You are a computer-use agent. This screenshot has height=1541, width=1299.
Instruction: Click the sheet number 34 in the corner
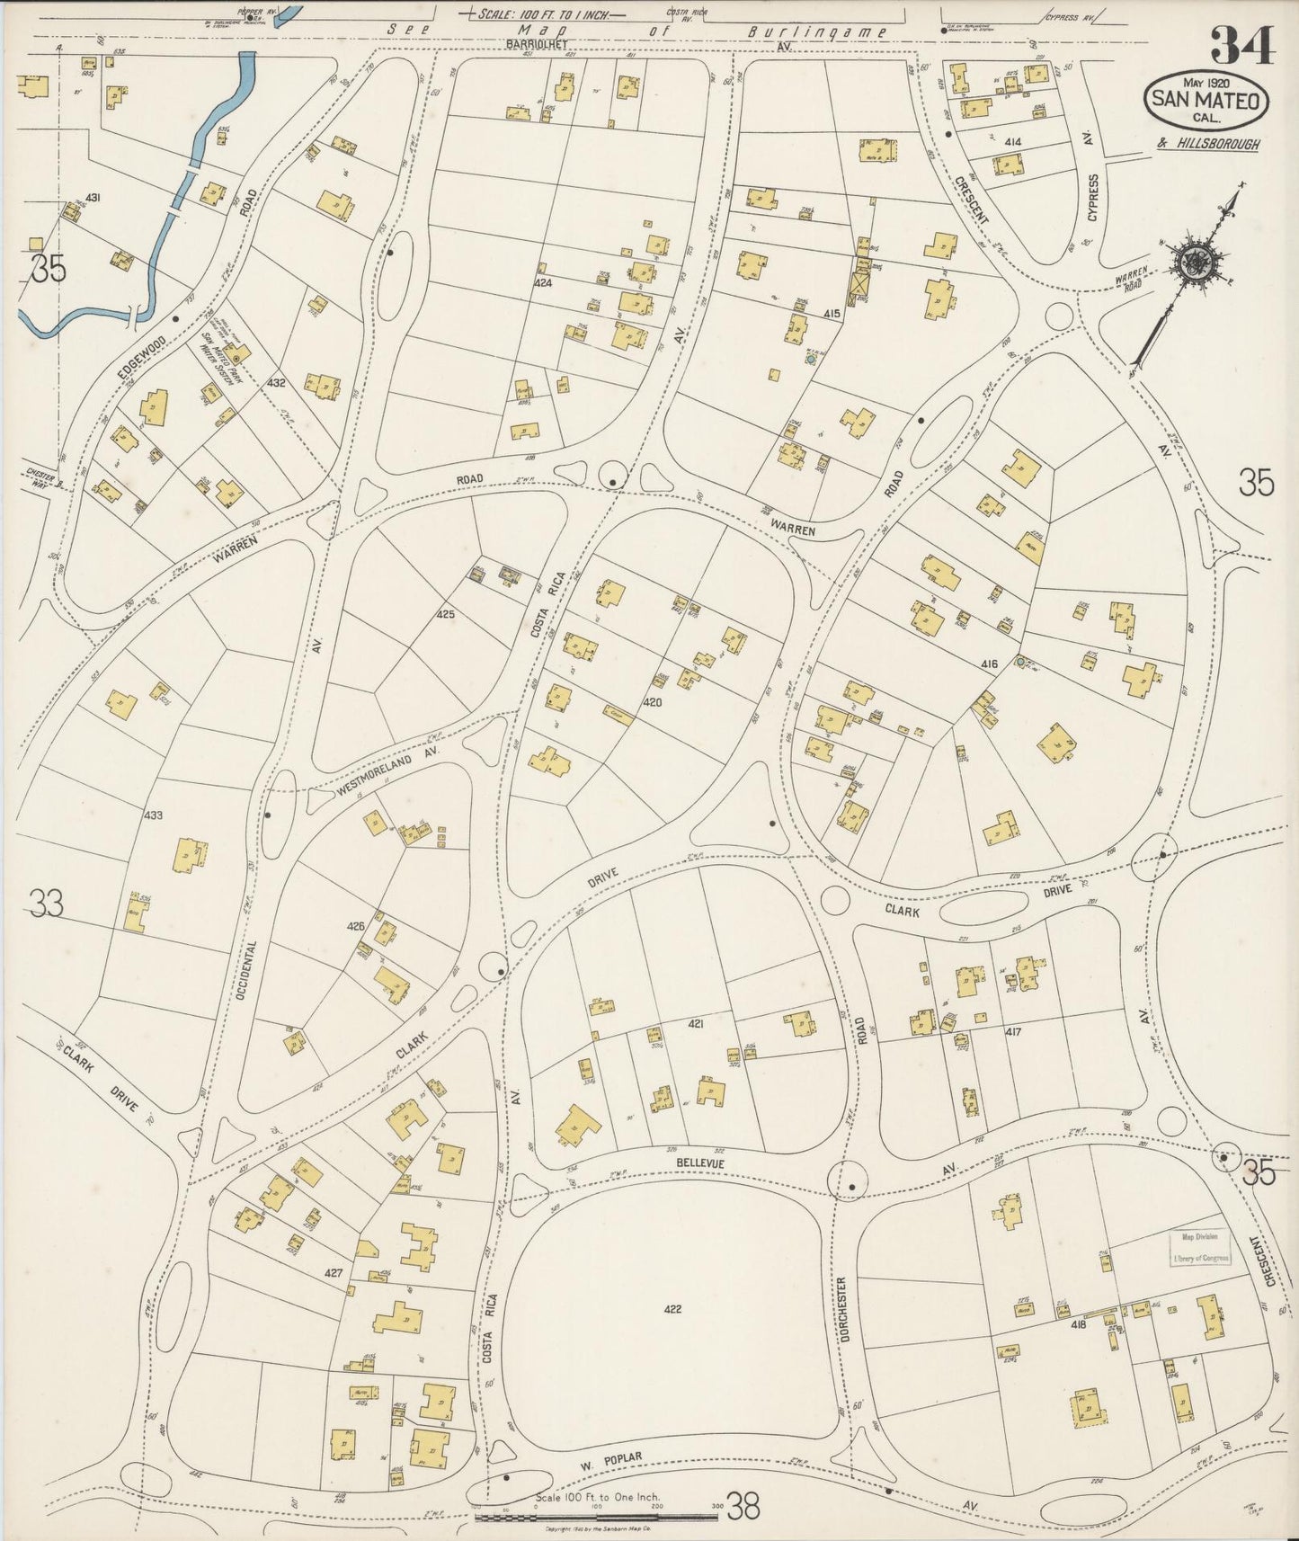(1242, 45)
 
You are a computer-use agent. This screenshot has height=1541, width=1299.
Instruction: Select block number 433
(153, 815)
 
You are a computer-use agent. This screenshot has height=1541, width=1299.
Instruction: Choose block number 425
(446, 615)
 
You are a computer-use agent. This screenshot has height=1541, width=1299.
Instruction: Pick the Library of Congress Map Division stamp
(1200, 1248)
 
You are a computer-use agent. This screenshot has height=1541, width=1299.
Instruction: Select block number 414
(1013, 142)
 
